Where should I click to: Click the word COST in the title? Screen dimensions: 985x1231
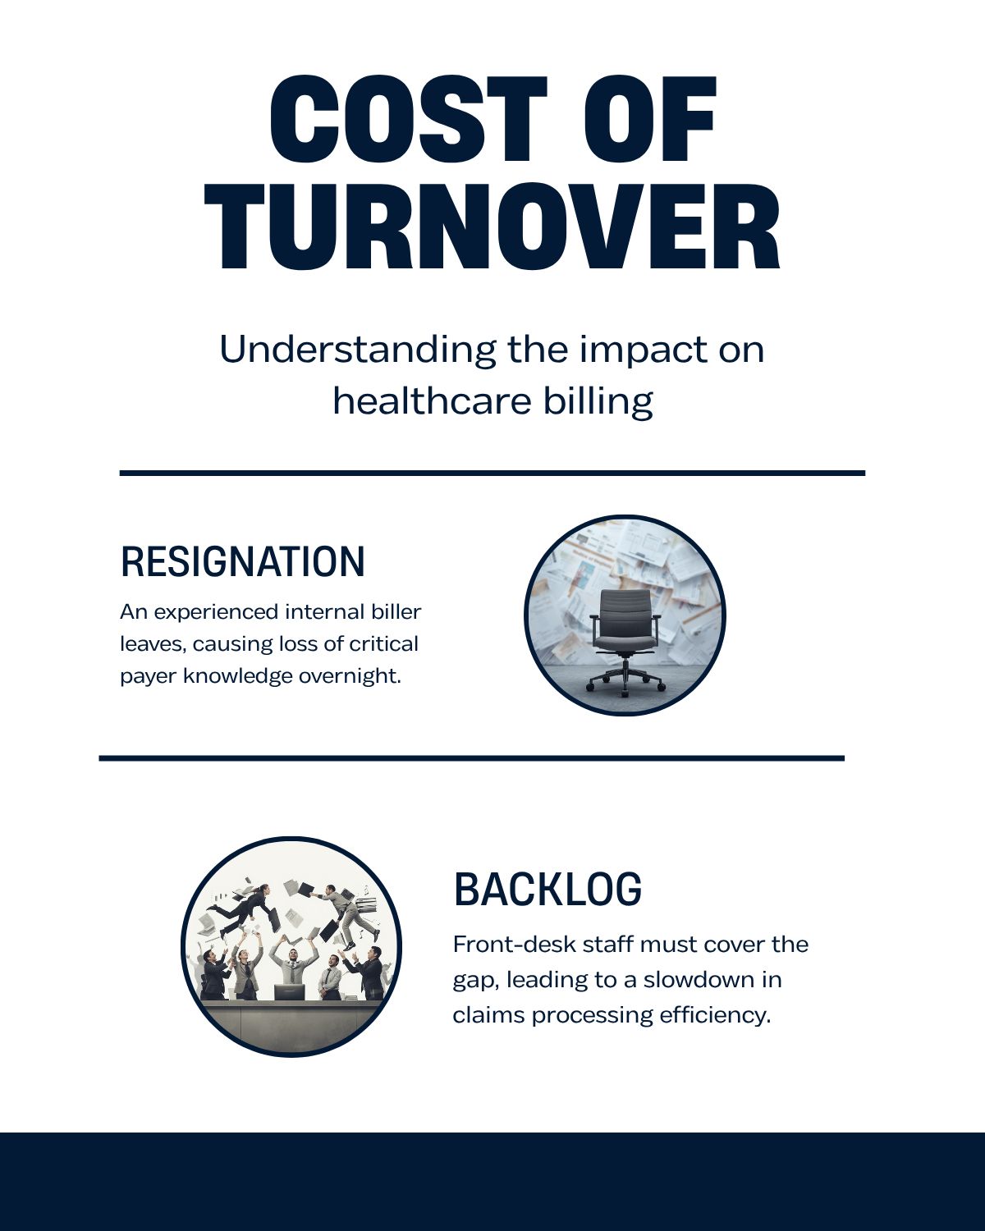click(x=408, y=118)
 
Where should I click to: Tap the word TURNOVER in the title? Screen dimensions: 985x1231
click(x=492, y=227)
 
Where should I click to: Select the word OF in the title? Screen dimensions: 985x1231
click(x=650, y=118)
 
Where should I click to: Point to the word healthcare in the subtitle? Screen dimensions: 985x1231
click(x=432, y=400)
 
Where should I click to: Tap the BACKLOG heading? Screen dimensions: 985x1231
click(x=547, y=889)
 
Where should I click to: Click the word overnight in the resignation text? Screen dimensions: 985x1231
click(x=349, y=675)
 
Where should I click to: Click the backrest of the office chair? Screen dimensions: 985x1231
click(x=625, y=613)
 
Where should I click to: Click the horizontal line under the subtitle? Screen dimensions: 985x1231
click(x=492, y=473)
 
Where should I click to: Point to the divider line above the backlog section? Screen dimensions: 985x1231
click(x=472, y=758)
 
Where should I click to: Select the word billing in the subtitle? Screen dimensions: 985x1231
click(x=598, y=400)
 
